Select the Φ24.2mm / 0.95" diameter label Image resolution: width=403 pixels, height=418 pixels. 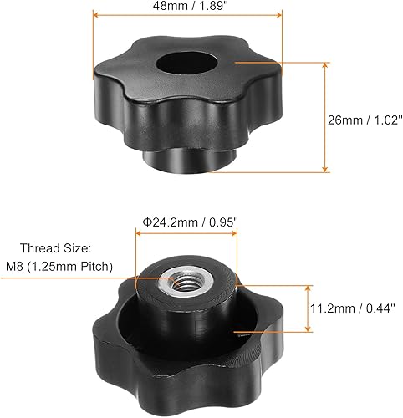pyautogui.click(x=189, y=222)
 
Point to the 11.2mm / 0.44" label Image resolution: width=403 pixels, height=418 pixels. pyautogui.click(x=357, y=309)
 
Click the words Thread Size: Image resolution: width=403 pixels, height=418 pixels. pyautogui.click(x=69, y=247)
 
